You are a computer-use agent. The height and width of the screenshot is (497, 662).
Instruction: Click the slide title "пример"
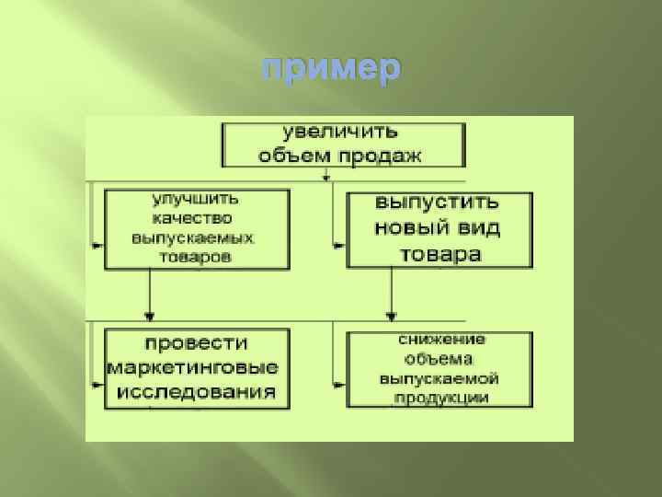coord(331,69)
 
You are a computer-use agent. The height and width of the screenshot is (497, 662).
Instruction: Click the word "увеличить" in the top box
coord(339,133)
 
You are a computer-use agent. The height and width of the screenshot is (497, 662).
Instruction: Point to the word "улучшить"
coord(195,199)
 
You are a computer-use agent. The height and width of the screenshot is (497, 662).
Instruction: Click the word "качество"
coord(193,218)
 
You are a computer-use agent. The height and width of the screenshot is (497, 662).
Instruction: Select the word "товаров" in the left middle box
coord(194,257)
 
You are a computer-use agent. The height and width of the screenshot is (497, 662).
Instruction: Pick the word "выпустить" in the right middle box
coord(438,203)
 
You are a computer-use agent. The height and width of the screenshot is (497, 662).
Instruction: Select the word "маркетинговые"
coord(194,367)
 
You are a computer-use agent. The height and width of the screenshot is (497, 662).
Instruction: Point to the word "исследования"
coord(195,392)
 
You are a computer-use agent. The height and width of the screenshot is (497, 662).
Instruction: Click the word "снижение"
coord(441,340)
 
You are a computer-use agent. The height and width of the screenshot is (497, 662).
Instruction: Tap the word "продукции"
coord(441,398)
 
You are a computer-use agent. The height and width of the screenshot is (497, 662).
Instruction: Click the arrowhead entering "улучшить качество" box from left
coord(99,246)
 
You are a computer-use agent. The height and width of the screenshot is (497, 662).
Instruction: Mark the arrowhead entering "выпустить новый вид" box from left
coord(341,246)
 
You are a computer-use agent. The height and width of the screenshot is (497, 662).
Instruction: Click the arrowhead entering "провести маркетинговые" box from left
coord(99,381)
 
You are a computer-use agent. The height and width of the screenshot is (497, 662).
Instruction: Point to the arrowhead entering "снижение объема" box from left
coord(341,381)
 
